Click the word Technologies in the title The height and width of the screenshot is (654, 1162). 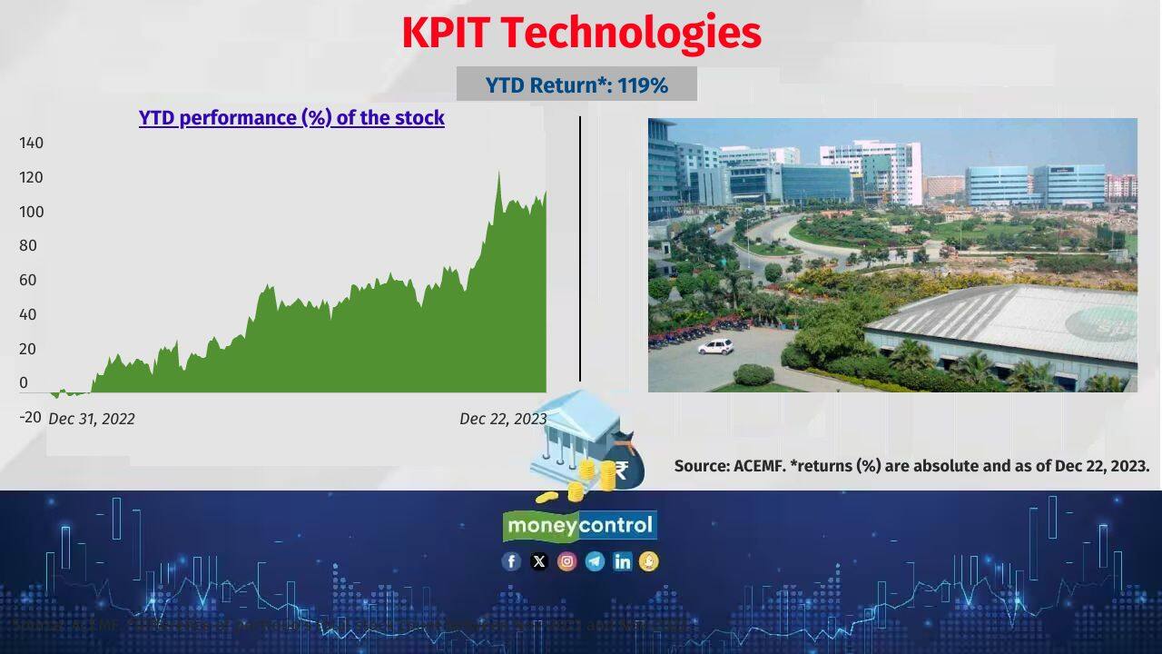click(630, 34)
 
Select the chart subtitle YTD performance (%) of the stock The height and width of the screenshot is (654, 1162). click(291, 118)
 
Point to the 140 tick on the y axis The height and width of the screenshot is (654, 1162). click(31, 143)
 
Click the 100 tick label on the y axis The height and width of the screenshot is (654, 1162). click(31, 212)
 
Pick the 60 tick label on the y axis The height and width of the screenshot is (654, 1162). click(28, 280)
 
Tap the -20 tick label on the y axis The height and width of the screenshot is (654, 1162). click(30, 417)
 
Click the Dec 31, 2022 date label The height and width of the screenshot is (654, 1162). click(92, 419)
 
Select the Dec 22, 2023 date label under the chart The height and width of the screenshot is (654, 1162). click(503, 419)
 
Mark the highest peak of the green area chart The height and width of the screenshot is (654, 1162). click(498, 173)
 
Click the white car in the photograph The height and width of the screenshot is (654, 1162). click(715, 346)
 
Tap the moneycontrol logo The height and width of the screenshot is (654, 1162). click(580, 525)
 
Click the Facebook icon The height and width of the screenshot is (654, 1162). click(511, 561)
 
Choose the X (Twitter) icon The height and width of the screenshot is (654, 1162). click(539, 561)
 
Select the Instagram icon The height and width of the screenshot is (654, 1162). click(566, 561)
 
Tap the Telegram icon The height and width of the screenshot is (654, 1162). click(595, 561)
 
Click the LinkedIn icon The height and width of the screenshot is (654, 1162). click(622, 561)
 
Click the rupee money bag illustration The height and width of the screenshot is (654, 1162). click(624, 463)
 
